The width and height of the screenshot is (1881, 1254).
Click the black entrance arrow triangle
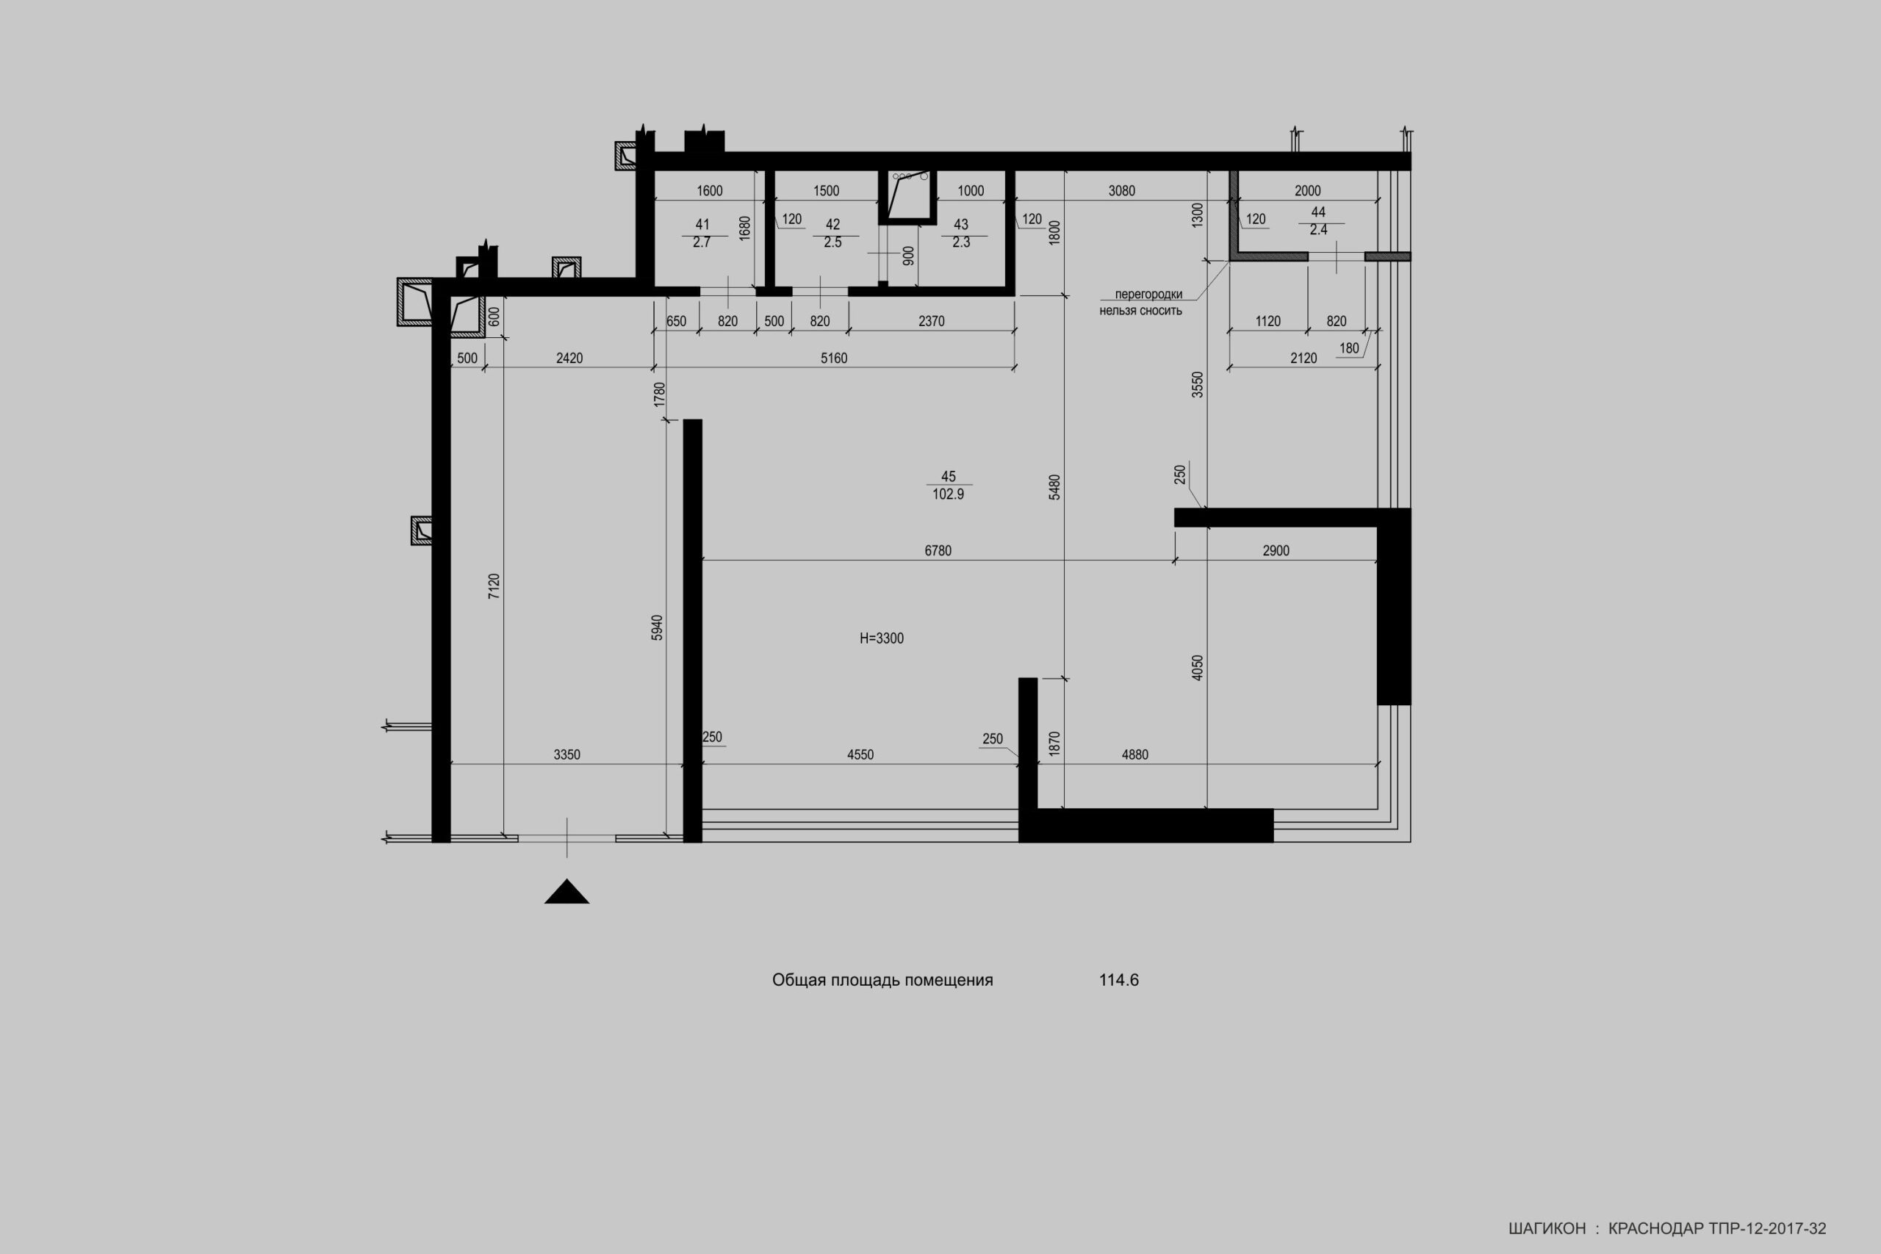coord(567,893)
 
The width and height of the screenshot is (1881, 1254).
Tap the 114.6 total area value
coord(1119,981)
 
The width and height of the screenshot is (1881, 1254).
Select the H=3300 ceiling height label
coord(881,638)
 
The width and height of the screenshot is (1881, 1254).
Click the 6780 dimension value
coord(938,551)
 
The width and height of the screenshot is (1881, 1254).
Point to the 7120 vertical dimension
coord(494,586)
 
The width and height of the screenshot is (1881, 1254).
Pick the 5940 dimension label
coord(657,628)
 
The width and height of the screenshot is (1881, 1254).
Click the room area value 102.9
coord(949,494)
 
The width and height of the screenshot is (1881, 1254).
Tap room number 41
coord(702,225)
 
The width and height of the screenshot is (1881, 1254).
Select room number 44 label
coord(1318,212)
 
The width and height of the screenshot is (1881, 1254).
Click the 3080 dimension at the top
coord(1122,190)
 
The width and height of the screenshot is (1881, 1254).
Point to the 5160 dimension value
coord(834,358)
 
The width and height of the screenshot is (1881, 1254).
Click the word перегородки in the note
coord(1148,295)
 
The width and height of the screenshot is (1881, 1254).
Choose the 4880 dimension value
coord(1134,754)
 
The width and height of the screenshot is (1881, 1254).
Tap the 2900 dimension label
coord(1276,551)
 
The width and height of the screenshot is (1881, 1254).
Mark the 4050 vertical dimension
coord(1197,668)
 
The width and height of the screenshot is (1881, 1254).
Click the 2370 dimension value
coord(932,322)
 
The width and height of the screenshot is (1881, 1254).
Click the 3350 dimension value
coord(567,754)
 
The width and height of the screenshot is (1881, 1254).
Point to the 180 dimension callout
coord(1349,349)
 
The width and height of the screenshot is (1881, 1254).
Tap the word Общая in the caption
coord(799,981)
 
